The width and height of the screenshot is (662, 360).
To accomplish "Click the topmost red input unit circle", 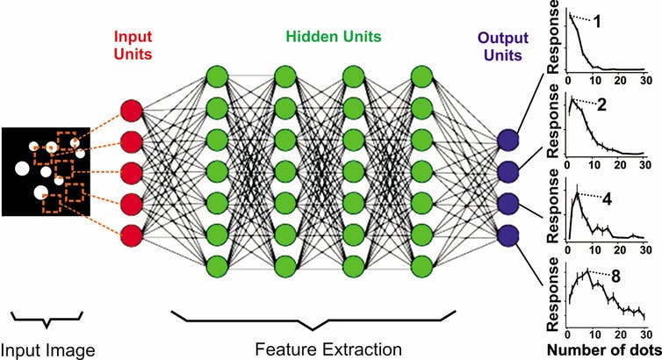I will [x=130, y=111].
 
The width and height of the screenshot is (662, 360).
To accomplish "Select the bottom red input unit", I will [x=130, y=235].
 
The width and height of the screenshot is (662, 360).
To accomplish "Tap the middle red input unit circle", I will [x=130, y=172].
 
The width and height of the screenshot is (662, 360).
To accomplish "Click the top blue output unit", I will [x=507, y=140].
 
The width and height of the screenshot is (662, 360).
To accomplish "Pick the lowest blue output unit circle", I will [x=507, y=234].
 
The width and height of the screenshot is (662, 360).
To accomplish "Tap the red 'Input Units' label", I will [x=129, y=47].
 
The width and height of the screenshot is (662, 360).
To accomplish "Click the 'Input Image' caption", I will [x=47, y=348].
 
